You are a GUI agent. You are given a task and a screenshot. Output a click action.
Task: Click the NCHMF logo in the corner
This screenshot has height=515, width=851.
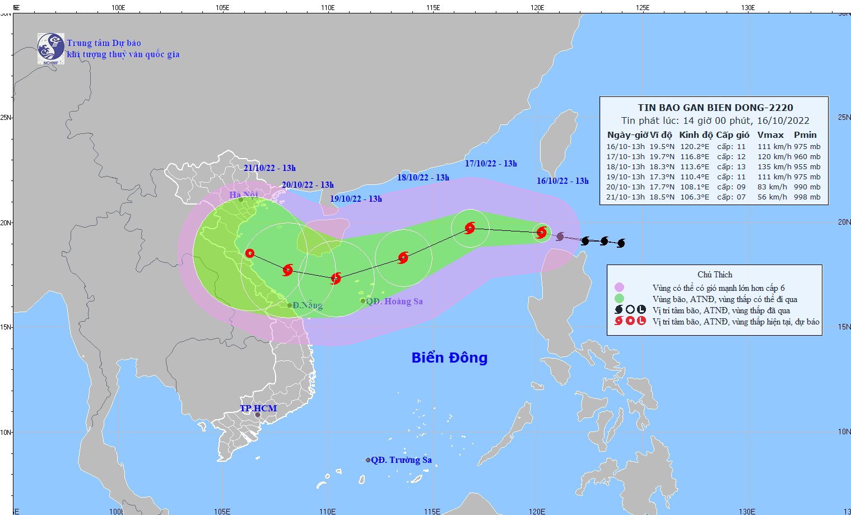pos(50,48)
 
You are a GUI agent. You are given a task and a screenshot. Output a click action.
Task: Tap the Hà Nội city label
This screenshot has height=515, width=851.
pos(243,195)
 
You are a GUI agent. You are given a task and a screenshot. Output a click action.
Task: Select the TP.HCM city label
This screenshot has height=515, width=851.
pos(258,408)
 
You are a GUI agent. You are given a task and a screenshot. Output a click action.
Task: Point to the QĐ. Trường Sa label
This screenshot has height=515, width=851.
pos(401,460)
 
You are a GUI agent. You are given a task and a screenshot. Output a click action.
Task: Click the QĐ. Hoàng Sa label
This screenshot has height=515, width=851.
pos(394,301)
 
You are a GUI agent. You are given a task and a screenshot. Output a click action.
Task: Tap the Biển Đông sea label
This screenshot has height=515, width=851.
pos(449,358)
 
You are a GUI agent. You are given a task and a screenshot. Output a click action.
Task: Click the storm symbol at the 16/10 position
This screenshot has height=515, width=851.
pos(541,232)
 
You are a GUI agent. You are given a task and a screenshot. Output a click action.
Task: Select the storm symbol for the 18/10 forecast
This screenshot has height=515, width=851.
pos(403,258)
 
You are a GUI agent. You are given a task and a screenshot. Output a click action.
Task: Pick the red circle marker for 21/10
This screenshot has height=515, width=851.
pos(250,253)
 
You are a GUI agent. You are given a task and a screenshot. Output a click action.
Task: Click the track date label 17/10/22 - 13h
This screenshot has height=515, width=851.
pos(491,164)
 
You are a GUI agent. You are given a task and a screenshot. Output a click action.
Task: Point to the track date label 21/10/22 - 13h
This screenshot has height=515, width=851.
pos(269,168)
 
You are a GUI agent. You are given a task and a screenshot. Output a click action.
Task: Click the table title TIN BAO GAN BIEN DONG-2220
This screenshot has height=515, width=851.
pos(715,108)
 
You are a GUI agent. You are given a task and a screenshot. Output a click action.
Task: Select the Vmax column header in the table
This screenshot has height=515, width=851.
pos(770,134)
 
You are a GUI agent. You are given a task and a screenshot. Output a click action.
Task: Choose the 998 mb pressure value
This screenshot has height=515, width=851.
pos(807,197)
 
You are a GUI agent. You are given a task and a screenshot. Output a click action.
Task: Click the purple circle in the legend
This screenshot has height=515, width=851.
pos(619,287)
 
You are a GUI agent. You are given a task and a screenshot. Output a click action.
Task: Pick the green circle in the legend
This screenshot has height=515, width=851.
pos(619,299)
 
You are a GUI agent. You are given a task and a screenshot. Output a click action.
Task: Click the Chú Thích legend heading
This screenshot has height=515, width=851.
pos(714,275)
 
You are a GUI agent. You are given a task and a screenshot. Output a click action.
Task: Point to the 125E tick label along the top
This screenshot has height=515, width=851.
pos(643,8)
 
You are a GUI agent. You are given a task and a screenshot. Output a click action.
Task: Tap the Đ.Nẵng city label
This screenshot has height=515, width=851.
pos(308,305)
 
